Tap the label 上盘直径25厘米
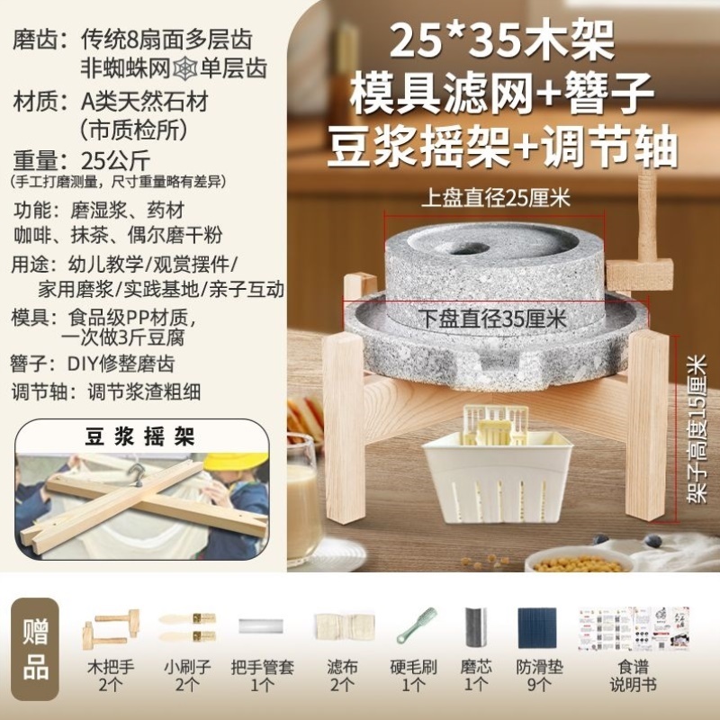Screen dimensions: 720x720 496,199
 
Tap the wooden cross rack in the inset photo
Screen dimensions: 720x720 144,504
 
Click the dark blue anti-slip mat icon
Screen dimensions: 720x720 536,625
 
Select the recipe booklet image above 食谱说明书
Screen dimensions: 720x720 633,625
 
